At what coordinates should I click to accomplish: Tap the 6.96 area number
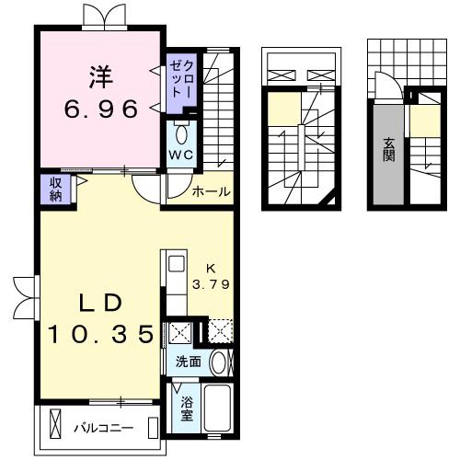click(101, 109)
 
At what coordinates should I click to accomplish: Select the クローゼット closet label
click(182, 79)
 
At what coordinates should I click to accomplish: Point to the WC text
click(181, 155)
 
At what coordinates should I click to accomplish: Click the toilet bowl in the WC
click(182, 135)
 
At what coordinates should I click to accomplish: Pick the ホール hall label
click(211, 192)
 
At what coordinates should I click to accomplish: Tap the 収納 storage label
click(56, 190)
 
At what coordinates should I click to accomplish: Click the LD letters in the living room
click(100, 304)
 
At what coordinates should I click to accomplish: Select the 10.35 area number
click(100, 334)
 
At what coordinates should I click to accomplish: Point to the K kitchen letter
click(211, 269)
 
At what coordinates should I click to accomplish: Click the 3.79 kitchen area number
click(211, 284)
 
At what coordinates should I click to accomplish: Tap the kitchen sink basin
click(177, 264)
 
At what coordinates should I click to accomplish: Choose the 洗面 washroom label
click(188, 362)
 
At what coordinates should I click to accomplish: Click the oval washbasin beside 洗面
click(217, 362)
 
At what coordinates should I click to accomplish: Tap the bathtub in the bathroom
click(217, 407)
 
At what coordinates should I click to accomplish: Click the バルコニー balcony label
click(104, 428)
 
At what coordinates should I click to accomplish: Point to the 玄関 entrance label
click(388, 150)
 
